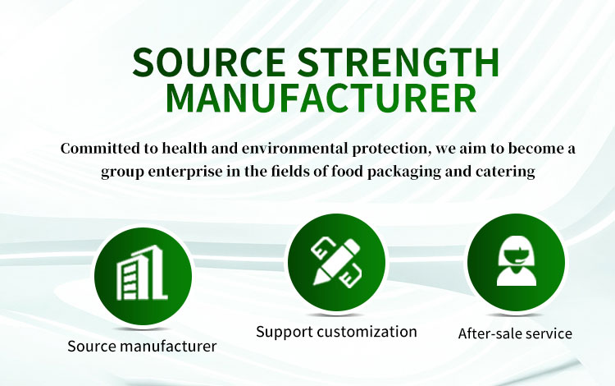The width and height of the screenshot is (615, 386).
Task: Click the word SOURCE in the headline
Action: tap(209, 62)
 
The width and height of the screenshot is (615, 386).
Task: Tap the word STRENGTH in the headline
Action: tap(398, 62)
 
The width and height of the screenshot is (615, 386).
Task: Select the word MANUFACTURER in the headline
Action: tap(321, 99)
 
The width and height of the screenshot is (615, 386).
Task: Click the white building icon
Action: tap(143, 273)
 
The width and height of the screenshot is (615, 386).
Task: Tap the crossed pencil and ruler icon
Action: tap(336, 262)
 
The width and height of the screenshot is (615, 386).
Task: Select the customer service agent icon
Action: tap(516, 260)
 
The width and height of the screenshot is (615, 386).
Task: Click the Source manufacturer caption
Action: tap(142, 347)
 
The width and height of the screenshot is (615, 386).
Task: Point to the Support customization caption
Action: tap(336, 332)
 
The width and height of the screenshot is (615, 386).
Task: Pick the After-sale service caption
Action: tap(515, 333)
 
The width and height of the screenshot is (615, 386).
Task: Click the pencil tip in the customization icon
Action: tap(316, 282)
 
